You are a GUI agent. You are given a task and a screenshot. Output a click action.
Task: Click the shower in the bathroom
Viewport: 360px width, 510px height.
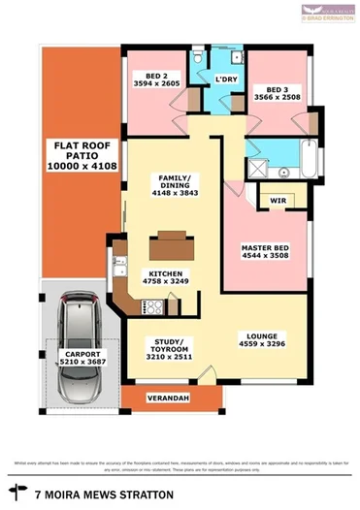click(x=258, y=170)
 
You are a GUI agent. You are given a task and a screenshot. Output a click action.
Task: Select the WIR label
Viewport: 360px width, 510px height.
click(x=279, y=202)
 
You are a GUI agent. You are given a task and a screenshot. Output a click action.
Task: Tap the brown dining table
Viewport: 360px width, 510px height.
click(x=171, y=239)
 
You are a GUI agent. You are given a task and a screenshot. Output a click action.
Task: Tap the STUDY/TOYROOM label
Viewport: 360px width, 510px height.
click(x=170, y=349)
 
